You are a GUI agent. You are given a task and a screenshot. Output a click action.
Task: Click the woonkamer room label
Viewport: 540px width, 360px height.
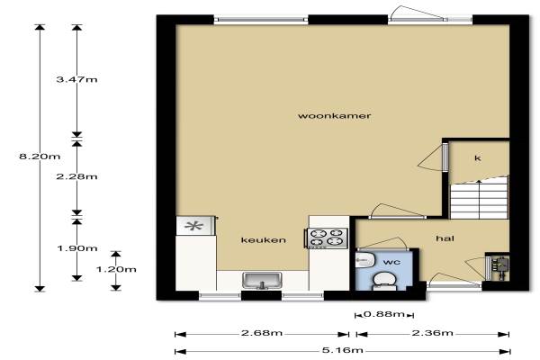click(x=334, y=115)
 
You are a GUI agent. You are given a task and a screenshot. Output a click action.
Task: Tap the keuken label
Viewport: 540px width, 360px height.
click(x=264, y=239)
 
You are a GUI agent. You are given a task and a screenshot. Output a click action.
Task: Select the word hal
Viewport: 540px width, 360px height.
click(x=445, y=238)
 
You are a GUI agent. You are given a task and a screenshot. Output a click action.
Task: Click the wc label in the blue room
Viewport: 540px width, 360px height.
click(x=391, y=262)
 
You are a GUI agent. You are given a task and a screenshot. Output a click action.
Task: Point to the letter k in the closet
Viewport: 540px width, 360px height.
click(x=478, y=158)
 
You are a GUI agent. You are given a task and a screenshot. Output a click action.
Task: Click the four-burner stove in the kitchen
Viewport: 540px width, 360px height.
click(x=328, y=238)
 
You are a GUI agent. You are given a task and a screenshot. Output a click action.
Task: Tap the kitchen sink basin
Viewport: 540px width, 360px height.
click(x=262, y=280)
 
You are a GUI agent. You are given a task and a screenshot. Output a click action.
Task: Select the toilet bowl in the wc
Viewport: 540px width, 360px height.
click(x=382, y=281)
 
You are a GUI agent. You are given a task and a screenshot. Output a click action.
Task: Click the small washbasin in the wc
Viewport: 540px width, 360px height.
click(x=364, y=259)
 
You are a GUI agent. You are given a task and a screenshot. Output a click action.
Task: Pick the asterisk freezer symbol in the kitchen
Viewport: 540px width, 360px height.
click(x=193, y=226)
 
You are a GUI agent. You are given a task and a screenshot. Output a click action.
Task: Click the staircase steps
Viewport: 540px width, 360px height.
click(x=479, y=199)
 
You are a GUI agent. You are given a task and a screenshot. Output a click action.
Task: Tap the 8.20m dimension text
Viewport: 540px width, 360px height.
click(x=40, y=157)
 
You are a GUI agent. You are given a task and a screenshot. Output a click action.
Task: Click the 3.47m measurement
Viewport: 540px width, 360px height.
click(x=76, y=79)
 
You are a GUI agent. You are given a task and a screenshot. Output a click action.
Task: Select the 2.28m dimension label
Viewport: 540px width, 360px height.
click(x=76, y=176)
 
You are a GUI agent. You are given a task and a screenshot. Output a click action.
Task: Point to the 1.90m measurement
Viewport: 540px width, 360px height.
click(x=77, y=248)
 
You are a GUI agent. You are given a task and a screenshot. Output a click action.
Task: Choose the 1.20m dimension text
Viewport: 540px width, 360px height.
click(x=116, y=269)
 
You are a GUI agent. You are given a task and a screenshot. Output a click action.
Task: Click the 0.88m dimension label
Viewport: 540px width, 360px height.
click(x=384, y=314)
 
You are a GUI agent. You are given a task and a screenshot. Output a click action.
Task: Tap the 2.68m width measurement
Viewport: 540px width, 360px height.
click(x=262, y=333)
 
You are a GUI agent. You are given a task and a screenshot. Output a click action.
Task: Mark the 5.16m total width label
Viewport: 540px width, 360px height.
click(x=343, y=350)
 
